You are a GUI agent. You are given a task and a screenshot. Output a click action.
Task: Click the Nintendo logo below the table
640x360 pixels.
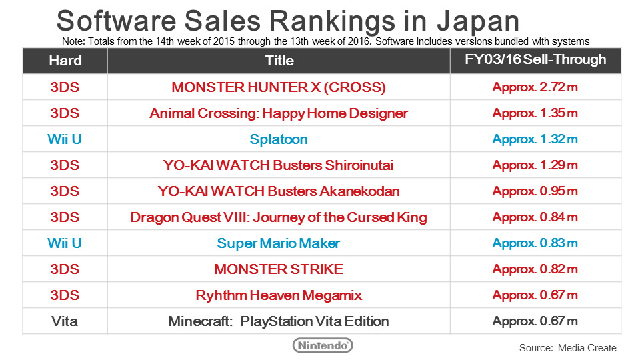point(323,345)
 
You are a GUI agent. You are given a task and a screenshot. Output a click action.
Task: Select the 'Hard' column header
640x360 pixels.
point(65,61)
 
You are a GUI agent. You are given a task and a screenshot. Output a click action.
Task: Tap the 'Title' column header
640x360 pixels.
point(279,61)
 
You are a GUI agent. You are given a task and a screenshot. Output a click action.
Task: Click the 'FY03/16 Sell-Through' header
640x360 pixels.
point(535,59)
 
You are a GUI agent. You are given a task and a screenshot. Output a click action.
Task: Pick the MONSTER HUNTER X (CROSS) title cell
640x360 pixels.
point(279,87)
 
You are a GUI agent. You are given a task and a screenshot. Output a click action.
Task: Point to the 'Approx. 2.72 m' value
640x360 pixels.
point(535,87)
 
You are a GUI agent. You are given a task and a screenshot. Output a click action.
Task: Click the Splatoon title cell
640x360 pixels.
point(279,139)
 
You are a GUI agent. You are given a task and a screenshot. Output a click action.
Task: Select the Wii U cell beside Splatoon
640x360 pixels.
point(65,139)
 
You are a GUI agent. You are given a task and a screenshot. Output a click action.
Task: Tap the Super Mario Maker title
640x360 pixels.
point(279,243)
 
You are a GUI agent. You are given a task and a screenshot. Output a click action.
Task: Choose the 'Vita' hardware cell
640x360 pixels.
point(65,321)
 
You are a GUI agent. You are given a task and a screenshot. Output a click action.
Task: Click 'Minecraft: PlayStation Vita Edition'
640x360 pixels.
point(279,321)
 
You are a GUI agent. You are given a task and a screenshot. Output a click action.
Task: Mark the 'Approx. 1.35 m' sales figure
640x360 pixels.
point(535,113)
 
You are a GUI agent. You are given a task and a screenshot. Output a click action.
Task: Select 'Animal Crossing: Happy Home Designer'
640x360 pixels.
point(279,113)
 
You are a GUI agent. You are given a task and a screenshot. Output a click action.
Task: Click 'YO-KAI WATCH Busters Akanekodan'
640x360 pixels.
point(279,191)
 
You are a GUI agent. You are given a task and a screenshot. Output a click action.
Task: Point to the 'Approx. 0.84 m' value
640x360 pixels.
point(535,217)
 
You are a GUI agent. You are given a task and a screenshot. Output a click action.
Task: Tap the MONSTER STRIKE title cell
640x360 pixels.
point(279,269)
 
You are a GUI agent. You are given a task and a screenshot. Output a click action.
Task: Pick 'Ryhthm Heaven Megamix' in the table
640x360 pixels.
point(279,295)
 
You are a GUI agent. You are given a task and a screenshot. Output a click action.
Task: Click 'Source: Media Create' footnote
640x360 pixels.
point(567,348)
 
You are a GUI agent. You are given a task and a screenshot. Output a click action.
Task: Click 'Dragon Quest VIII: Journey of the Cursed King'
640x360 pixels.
point(279,217)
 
